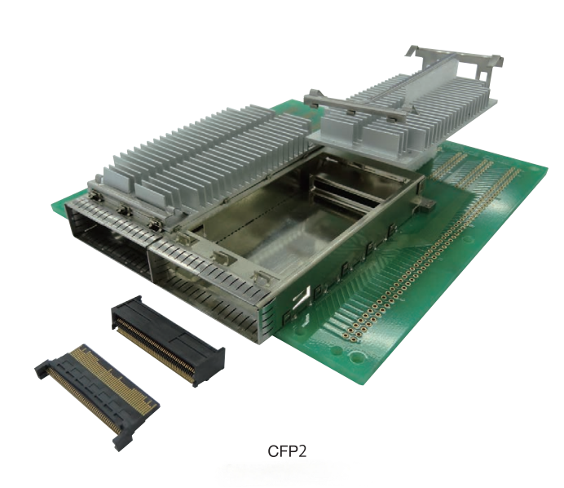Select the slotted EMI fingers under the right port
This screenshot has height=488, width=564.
[204, 286]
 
